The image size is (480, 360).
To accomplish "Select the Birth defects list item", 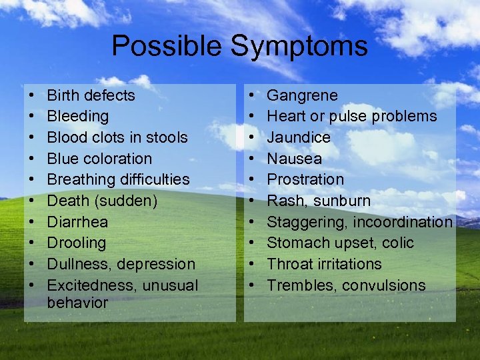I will (91, 95).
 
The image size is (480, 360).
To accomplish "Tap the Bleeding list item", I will (78, 117).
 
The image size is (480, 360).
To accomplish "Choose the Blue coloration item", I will (99, 159).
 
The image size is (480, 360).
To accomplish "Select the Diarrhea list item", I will (77, 222).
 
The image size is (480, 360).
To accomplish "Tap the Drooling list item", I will (77, 243).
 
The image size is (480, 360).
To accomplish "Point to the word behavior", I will (77, 303).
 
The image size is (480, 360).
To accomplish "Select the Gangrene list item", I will (302, 95).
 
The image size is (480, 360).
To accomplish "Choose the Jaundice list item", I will (299, 137).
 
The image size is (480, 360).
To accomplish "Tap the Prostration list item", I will (305, 180).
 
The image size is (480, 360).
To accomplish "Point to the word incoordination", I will (403, 222).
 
